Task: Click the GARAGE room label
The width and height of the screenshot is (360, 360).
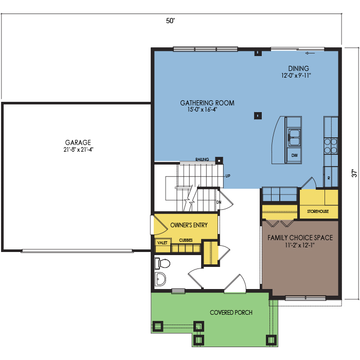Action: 78,142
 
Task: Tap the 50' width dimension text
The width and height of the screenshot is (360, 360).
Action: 170,21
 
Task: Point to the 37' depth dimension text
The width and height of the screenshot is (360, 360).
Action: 354,173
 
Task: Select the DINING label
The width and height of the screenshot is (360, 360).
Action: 298,68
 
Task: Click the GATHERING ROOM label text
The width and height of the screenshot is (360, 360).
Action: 207,103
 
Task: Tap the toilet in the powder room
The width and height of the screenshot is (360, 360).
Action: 163,263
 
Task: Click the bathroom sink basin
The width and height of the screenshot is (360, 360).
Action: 160,279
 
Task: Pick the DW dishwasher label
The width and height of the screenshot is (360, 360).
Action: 295,155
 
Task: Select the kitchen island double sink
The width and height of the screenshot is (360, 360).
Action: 294,137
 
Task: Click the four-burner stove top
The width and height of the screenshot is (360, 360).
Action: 331,146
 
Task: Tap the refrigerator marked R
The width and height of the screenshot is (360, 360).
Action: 331,177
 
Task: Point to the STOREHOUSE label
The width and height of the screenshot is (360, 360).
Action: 318,211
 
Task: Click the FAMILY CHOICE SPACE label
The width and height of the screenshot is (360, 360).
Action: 300,238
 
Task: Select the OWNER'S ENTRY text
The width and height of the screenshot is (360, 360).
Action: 189,225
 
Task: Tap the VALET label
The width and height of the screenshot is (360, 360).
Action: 163,243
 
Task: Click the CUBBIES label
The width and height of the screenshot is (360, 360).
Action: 186,240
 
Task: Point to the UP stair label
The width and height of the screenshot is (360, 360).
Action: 228,176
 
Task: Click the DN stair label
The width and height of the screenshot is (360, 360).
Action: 219,202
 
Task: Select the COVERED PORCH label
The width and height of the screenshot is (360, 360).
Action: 231,313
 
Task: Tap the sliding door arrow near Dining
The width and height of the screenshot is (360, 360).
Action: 310,53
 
